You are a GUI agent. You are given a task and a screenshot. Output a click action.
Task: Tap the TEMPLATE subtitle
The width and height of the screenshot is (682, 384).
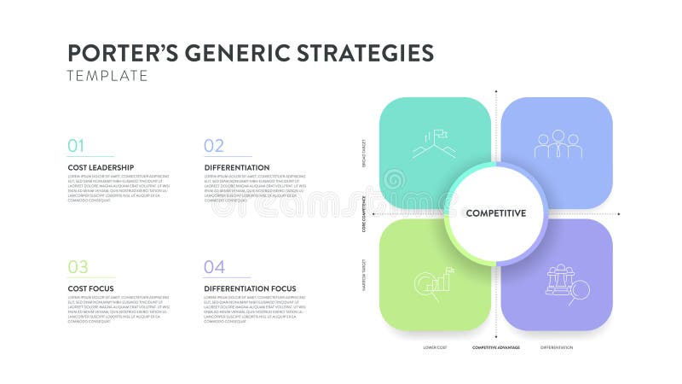[107, 76]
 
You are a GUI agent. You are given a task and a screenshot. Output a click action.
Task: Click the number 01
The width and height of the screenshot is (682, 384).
[77, 146]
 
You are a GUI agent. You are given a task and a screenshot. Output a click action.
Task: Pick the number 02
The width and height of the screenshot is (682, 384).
[214, 146]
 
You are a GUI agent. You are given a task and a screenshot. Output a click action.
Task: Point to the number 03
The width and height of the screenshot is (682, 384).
[78, 267]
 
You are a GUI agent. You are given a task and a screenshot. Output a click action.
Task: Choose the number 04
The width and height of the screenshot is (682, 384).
[214, 267]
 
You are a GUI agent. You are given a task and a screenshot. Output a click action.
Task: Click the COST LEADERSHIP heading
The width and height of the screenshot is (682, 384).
[101, 167]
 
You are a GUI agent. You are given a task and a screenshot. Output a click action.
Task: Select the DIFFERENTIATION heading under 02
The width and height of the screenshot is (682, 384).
[237, 167]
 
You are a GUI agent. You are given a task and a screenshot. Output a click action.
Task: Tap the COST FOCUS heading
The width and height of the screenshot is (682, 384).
[90, 288]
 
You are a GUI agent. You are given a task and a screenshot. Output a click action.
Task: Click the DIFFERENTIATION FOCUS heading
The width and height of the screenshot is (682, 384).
[251, 288]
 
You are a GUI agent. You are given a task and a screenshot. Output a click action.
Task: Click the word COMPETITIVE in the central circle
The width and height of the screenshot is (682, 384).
[495, 213]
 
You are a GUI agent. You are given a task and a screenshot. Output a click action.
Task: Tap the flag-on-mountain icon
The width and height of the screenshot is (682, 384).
[434, 144]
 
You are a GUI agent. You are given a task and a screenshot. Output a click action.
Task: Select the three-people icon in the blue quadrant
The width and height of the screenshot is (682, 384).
[558, 144]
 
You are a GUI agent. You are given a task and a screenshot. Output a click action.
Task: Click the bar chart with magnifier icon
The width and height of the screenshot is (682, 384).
[433, 282]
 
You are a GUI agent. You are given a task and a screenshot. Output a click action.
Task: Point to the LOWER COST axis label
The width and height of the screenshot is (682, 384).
[436, 347]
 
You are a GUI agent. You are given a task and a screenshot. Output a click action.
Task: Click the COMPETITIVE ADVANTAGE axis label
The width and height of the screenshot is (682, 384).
[497, 347]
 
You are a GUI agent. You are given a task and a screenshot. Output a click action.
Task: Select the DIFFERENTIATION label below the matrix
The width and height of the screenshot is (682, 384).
[557, 347]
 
